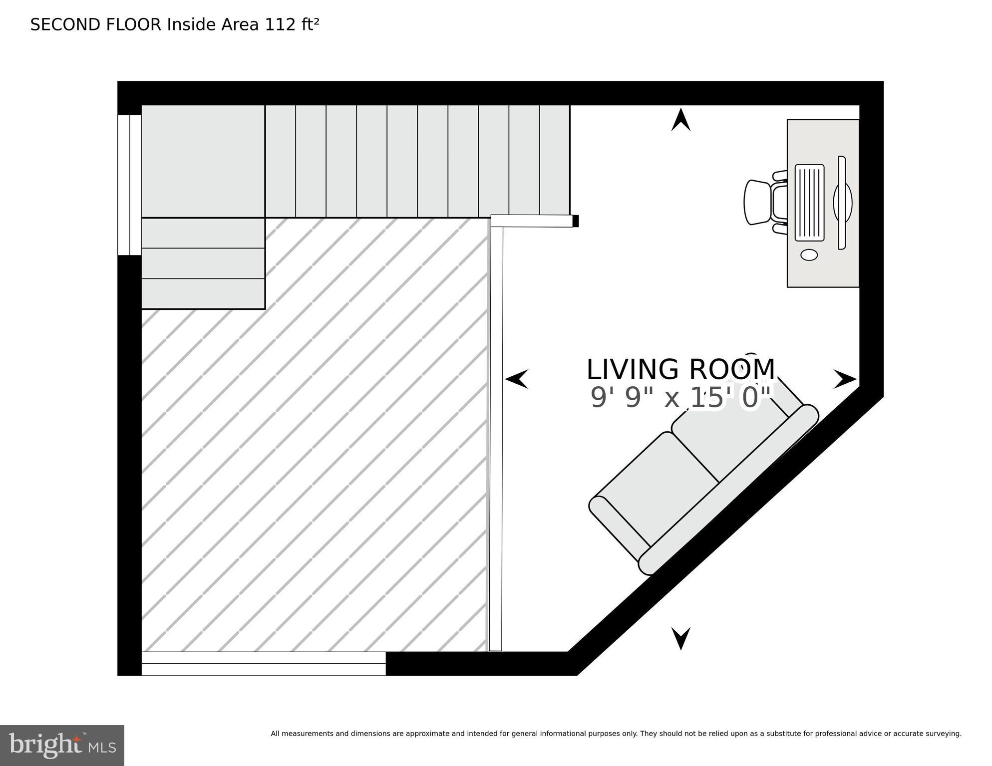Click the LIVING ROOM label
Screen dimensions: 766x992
[x=680, y=370]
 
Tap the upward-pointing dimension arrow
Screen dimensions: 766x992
[x=680, y=120]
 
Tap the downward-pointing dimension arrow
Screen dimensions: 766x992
[x=680, y=638]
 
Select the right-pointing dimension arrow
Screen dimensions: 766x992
[x=845, y=379]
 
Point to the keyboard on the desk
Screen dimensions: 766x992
[x=809, y=203]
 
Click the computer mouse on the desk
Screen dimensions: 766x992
[x=809, y=255]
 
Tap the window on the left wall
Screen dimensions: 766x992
[x=129, y=185]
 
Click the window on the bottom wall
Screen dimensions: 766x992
[x=263, y=663]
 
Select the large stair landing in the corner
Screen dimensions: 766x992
[x=203, y=161]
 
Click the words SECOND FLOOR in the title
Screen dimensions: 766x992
[x=96, y=24]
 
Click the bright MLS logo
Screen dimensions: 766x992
[x=62, y=745]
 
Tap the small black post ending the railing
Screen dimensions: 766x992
[x=575, y=221]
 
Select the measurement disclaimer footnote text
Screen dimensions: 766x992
[x=616, y=734]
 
